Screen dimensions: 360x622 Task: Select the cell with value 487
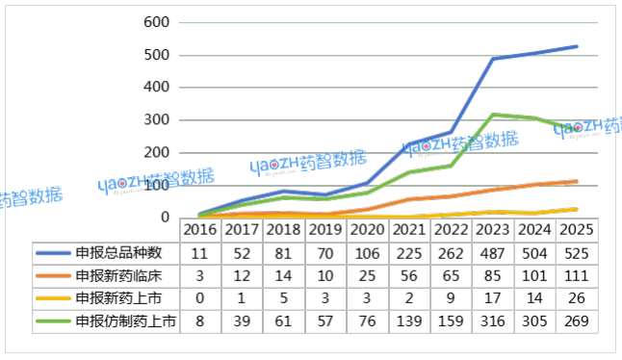tap(500, 254)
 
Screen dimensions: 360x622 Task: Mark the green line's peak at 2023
tap(494, 115)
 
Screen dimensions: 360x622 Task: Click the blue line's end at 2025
tap(578, 46)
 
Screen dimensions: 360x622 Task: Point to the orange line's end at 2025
tap(578, 181)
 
